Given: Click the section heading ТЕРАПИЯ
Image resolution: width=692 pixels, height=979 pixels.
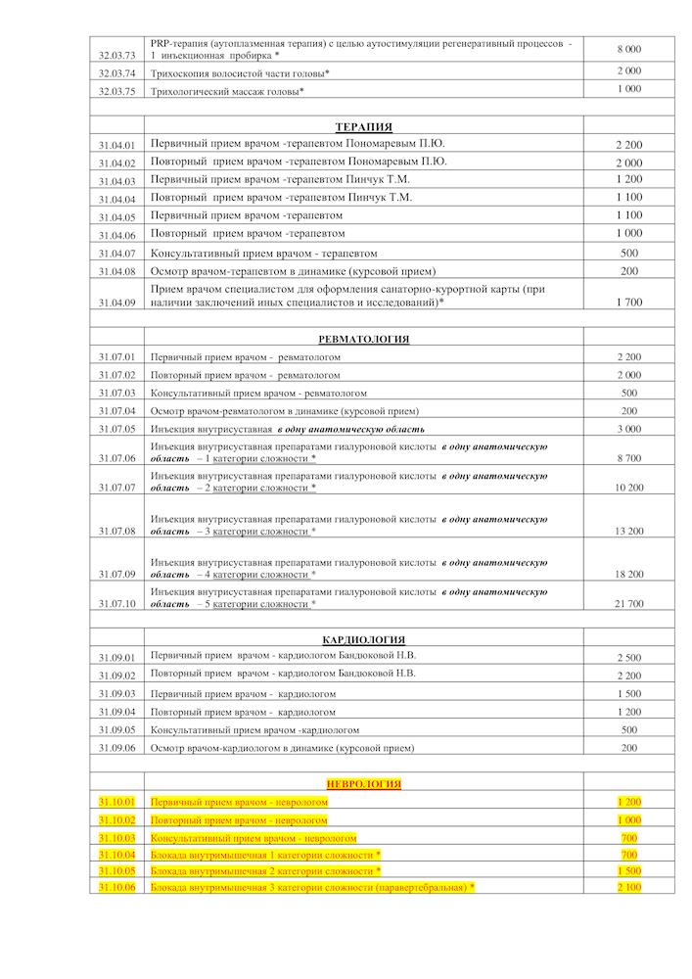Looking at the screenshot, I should click(363, 126).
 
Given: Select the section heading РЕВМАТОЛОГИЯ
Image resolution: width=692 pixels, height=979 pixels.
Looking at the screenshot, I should click(363, 339).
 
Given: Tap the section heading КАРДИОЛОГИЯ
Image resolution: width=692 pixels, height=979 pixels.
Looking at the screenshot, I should click(363, 639).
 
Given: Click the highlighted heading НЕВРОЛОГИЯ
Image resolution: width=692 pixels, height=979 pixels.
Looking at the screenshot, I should click(363, 783).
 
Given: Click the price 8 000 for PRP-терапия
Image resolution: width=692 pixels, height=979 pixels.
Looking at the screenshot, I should click(629, 48).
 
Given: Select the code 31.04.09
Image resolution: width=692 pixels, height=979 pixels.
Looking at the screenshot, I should click(116, 303).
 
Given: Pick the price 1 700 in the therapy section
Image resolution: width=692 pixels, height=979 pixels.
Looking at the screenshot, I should click(629, 303).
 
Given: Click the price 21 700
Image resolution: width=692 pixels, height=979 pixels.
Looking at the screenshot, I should click(629, 604).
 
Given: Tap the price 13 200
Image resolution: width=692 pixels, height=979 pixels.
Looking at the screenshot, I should click(629, 531).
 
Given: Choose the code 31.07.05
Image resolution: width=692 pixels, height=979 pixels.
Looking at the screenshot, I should click(116, 429).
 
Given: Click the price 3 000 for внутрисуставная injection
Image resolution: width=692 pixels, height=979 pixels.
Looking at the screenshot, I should click(629, 429).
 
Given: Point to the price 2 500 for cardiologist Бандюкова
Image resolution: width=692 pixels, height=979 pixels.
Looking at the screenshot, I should click(629, 657).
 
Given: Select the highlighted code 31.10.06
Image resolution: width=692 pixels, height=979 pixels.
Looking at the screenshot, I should click(116, 887).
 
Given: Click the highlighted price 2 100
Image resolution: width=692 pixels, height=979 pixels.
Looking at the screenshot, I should click(629, 887).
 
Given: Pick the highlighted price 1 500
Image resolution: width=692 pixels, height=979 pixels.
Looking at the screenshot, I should click(629, 870).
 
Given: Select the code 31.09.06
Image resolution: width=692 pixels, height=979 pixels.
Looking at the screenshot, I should click(116, 748).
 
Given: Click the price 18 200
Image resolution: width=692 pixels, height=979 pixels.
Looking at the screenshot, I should click(629, 575).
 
